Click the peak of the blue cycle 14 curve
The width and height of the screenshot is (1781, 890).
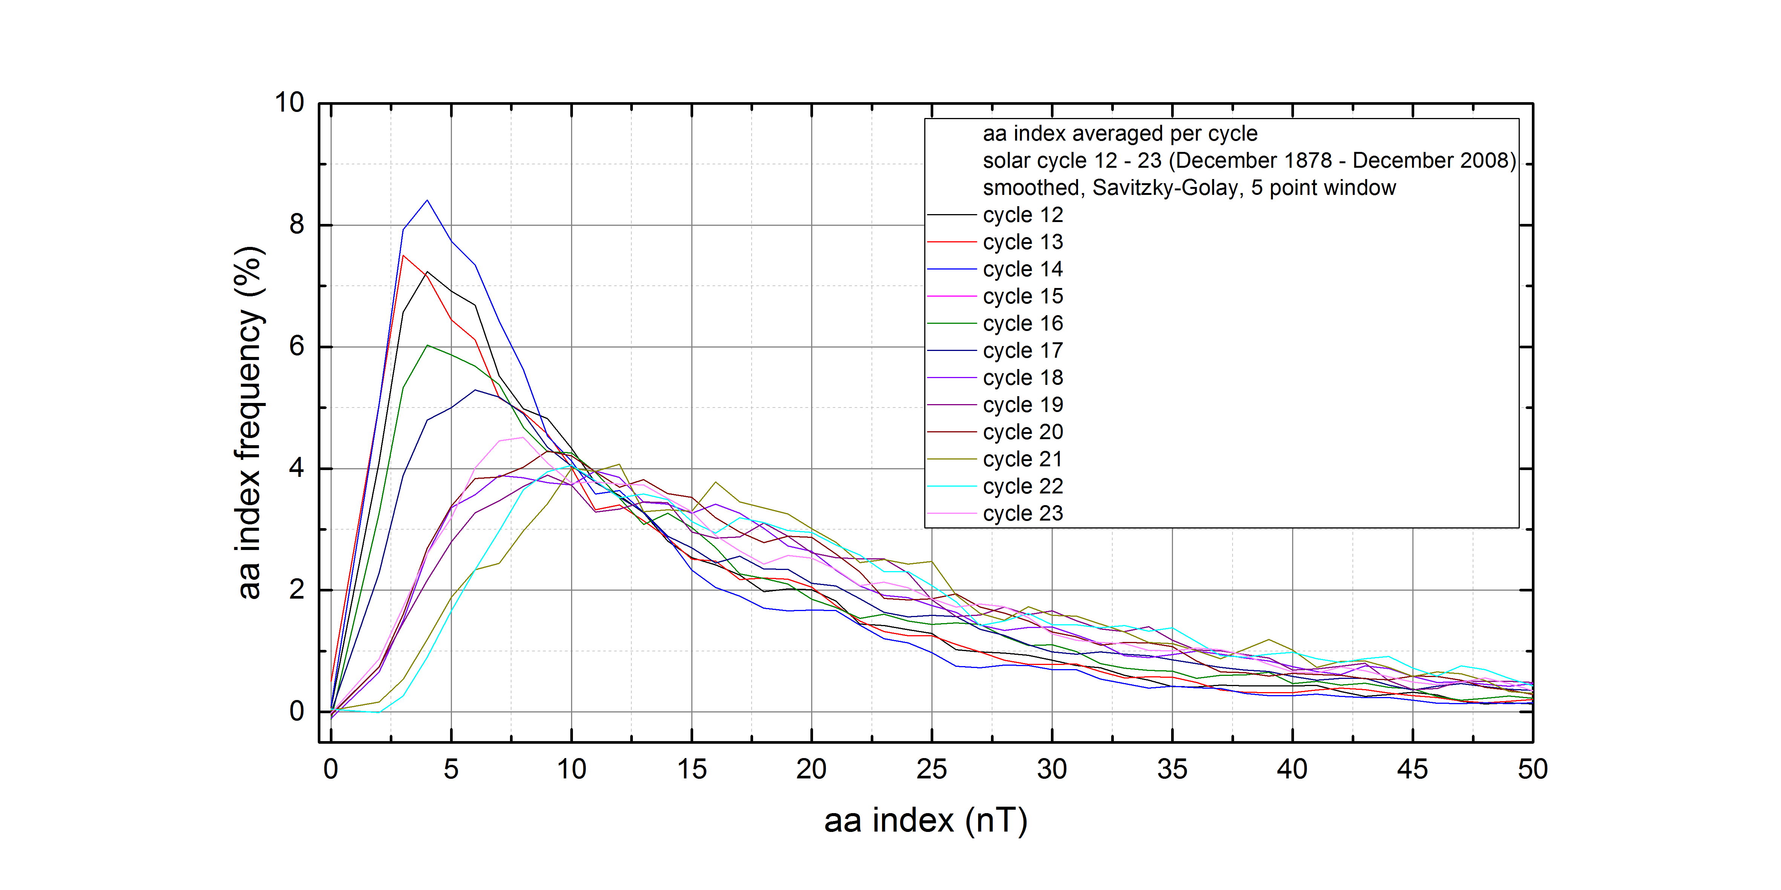pyautogui.click(x=427, y=201)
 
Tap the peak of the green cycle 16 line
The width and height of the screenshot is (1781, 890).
pyautogui.click(x=427, y=345)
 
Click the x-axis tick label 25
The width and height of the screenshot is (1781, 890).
pyautogui.click(x=931, y=769)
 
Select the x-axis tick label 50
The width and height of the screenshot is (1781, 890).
pyautogui.click(x=1532, y=769)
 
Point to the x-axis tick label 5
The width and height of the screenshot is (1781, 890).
pyautogui.click(x=451, y=769)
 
